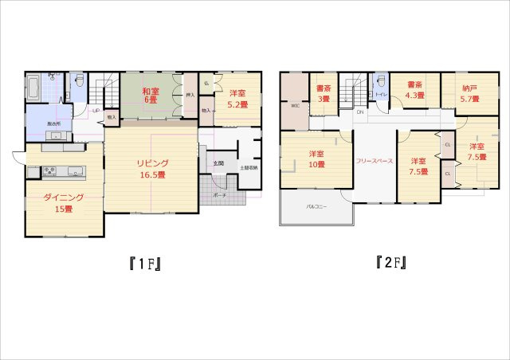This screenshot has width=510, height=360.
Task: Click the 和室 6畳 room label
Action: coord(151,96)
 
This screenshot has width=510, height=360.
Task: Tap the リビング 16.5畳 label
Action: coord(150,169)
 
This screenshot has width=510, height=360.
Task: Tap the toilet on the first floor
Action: coord(79,82)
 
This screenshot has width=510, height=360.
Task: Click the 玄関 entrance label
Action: coord(218,163)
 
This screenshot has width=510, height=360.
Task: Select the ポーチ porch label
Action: coord(221,194)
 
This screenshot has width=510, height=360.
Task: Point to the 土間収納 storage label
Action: coord(248,168)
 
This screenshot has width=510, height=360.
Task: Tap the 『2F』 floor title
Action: coord(391,262)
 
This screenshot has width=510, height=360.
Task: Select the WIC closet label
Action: coord(295,105)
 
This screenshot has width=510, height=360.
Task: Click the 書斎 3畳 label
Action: coord(324,93)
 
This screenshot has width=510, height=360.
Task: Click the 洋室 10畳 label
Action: coord(316,158)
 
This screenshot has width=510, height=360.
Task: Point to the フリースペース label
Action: coord(374,161)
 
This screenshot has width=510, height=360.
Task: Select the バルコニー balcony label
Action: coord(315,206)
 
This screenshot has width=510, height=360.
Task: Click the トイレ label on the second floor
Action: coord(381,96)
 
